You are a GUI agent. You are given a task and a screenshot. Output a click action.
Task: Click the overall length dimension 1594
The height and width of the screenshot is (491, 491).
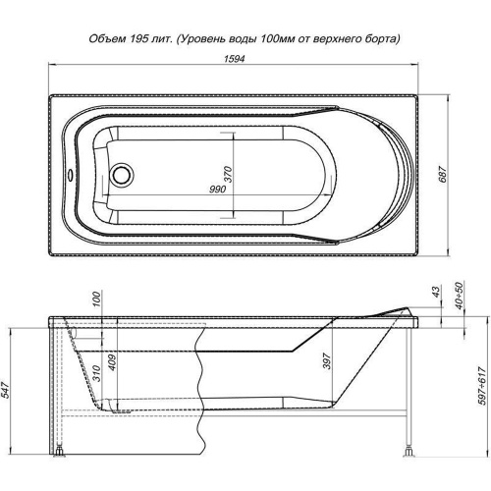pos(235,59)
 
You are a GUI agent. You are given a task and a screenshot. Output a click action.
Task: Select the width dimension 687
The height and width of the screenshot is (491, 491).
pos(443,175)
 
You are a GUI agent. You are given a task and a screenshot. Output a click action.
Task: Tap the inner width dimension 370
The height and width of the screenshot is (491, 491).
pos(228,175)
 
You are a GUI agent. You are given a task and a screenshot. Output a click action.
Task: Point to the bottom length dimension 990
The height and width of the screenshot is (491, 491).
pos(217,190)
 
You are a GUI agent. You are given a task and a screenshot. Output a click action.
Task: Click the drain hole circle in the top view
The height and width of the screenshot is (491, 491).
pos(122,174)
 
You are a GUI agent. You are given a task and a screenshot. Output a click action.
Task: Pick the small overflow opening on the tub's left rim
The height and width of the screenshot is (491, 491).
pos(70,175)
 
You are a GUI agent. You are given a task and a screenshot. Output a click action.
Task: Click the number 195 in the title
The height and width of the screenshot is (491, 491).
pos(137,39)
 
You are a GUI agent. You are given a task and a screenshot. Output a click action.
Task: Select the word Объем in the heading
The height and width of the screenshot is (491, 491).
pos(107,39)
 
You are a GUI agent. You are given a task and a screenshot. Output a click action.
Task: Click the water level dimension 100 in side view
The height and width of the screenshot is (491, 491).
pos(97,299)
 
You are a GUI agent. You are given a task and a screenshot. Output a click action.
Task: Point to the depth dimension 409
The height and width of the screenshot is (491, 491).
pos(112,362)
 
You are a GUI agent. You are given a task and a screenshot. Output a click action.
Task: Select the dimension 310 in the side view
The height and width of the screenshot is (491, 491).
pos(97,373)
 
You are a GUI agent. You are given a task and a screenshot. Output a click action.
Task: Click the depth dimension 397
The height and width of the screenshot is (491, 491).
pos(327,361)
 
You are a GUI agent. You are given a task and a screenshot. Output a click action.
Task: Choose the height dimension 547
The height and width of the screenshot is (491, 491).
pos(7,390)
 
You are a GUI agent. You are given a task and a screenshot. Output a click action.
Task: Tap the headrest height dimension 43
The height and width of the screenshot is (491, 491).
pos(437,291)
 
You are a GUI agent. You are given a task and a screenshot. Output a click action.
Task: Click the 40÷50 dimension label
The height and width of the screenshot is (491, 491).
pos(460,296)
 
